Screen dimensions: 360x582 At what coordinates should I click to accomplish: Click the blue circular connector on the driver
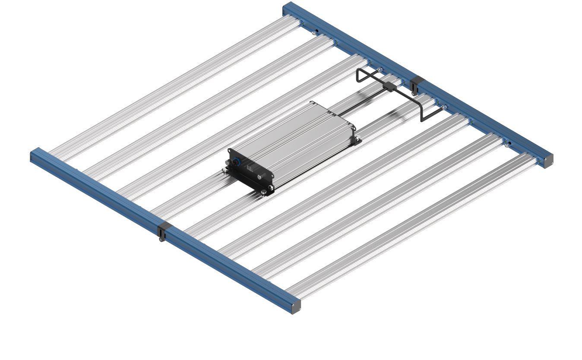(236, 163)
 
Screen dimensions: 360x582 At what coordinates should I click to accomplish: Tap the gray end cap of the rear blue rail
(548, 162)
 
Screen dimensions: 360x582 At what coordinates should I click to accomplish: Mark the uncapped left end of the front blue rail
(33, 155)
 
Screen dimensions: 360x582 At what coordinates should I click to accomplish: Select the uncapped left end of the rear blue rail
(286, 7)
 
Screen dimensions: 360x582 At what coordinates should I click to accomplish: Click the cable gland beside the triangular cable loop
(379, 70)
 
